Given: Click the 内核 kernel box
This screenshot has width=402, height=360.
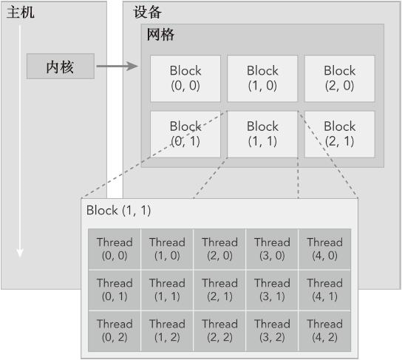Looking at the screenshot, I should (61, 67).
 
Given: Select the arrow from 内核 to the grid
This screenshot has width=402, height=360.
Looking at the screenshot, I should (117, 67).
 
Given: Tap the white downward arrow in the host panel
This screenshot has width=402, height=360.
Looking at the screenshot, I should (20, 148).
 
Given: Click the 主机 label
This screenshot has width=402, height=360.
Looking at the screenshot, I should (21, 13).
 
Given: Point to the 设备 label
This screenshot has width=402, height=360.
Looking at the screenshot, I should (147, 13).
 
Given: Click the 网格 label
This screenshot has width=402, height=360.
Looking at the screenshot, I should (160, 35).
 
